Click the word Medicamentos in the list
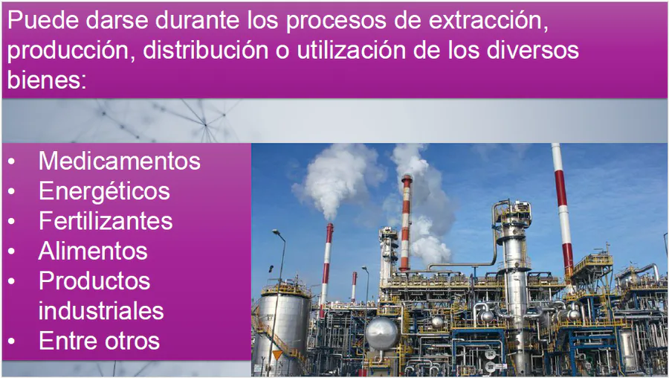click(120, 161)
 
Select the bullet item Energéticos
click(104, 191)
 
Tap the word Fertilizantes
click(106, 221)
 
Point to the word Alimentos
click(93, 251)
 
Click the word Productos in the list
click(94, 281)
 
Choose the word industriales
click(101, 310)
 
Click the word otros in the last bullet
click(133, 342)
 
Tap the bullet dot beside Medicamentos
click(11, 161)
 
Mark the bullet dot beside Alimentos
click(11, 252)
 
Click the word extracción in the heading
click(488, 20)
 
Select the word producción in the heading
click(71, 51)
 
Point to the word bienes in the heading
click(47, 79)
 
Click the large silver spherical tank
click(382, 333)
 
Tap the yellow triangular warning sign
click(277, 354)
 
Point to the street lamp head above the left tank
click(277, 232)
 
